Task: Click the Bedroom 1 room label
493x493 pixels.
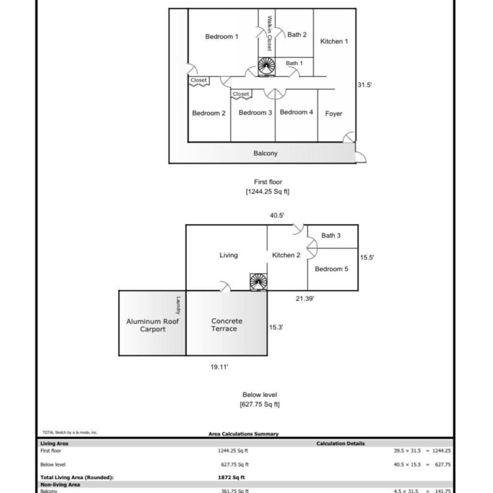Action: click(x=222, y=37)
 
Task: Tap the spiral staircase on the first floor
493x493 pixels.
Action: click(x=267, y=66)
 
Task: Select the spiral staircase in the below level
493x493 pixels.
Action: click(x=259, y=282)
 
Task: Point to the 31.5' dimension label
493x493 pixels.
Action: click(x=365, y=85)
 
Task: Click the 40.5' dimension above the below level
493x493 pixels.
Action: click(x=277, y=216)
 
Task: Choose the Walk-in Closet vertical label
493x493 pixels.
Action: click(x=269, y=33)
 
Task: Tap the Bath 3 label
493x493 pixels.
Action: click(x=331, y=236)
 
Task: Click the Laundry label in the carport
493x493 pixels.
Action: click(x=178, y=306)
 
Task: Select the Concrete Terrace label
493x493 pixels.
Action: click(x=226, y=325)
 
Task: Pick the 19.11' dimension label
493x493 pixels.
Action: click(x=219, y=367)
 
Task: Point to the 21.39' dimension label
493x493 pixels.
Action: click(x=305, y=299)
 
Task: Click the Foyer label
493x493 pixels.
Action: click(x=334, y=114)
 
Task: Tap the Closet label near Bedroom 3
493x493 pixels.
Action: click(x=241, y=94)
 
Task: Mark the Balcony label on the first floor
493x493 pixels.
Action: click(x=265, y=154)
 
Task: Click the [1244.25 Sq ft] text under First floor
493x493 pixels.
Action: click(x=267, y=192)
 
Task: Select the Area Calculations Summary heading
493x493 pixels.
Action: click(x=244, y=434)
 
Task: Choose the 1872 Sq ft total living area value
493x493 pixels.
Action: click(x=231, y=477)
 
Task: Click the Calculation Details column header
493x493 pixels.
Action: click(x=341, y=444)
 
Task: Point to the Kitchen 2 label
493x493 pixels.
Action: click(x=286, y=255)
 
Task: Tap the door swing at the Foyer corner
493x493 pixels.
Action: click(x=349, y=138)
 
